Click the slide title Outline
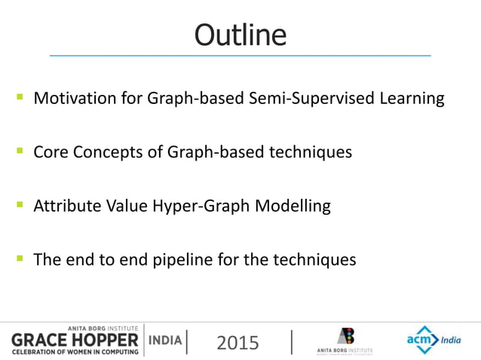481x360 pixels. point(240,34)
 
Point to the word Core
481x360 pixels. point(51,152)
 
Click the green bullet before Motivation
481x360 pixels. point(18,97)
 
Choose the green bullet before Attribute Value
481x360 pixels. point(18,205)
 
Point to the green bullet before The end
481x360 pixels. point(18,258)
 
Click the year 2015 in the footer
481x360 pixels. point(237,343)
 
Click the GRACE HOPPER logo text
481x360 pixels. point(74,340)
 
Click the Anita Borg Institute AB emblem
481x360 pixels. point(345,336)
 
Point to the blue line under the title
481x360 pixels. point(240,56)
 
